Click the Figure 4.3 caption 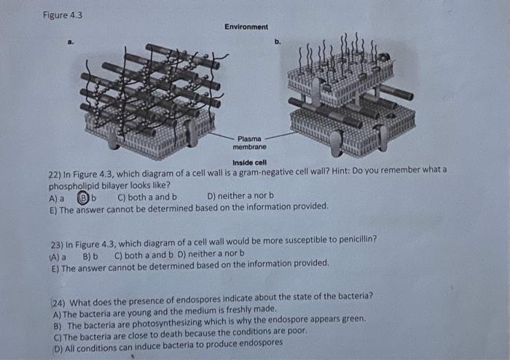pos(63,15)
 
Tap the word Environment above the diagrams pos(246,27)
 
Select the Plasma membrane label pos(249,143)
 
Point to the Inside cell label pos(249,163)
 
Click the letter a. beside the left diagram pos(71,42)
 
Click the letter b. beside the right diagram pos(278,42)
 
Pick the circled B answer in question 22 pos(83,197)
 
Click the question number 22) pos(55,175)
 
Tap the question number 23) pos(57,245)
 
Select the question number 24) pos(59,303)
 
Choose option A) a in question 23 pos(58,257)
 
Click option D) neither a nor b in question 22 pos(240,196)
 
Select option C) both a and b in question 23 pos(144,255)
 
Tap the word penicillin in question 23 pos(358,240)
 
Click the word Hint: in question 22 pos(341,171)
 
